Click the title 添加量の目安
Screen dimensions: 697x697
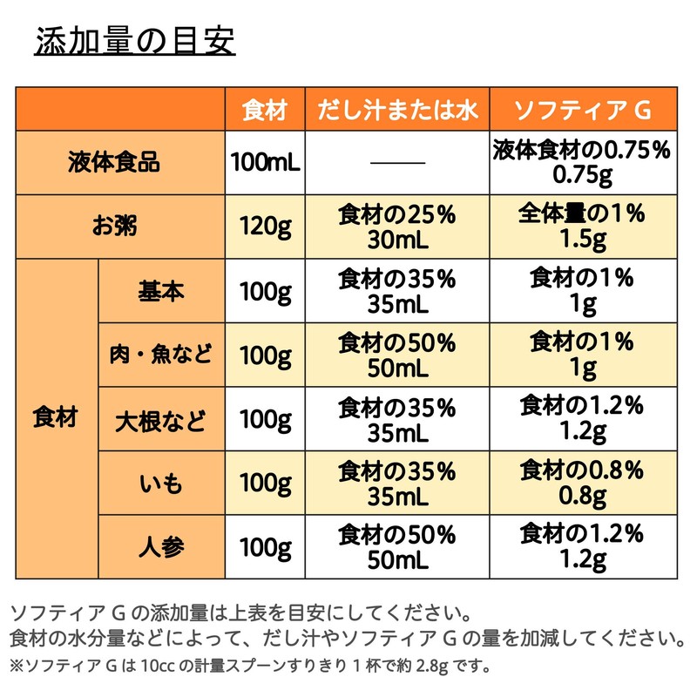[x=135, y=41]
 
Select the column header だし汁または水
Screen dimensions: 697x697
[x=397, y=110]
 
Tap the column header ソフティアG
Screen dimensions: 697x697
[x=583, y=110]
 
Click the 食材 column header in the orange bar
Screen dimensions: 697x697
[x=265, y=110]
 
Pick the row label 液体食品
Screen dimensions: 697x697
[x=114, y=162]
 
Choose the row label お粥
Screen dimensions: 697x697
[x=114, y=226]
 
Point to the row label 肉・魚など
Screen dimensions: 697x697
[x=161, y=355]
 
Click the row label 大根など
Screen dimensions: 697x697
[x=161, y=421]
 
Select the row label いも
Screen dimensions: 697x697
[x=161, y=484]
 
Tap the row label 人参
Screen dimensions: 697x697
[x=161, y=547]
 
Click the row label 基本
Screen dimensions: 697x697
[x=161, y=291]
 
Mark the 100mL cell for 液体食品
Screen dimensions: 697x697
[x=266, y=162]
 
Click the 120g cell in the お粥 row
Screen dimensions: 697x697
[x=266, y=227]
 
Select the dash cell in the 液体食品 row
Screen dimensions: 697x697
[x=398, y=163]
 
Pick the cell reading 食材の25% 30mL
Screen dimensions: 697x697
[x=397, y=227]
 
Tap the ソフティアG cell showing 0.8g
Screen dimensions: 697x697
[x=583, y=484]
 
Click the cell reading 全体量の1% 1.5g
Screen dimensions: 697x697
[x=583, y=227]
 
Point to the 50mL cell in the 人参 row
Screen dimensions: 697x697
[x=397, y=547]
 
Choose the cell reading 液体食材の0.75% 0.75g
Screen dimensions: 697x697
[x=583, y=162]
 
